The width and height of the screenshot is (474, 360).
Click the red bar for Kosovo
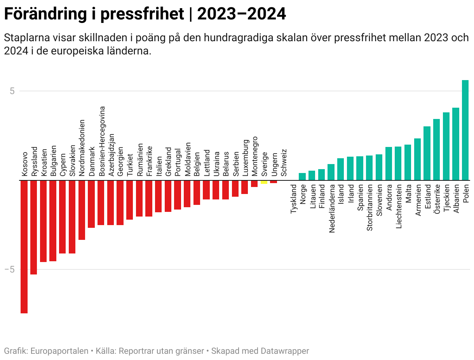[x=24, y=246]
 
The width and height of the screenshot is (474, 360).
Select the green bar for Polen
[x=465, y=130]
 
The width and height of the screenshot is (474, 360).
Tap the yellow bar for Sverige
[x=264, y=182]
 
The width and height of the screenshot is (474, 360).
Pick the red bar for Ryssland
[x=34, y=227]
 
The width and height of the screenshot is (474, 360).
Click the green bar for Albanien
[x=455, y=144]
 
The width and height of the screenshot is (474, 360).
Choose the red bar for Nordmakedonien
[x=82, y=210]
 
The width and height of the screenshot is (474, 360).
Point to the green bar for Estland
[x=427, y=153]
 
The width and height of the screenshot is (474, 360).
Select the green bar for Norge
[x=302, y=177]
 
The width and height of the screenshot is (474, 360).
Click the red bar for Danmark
[x=91, y=204]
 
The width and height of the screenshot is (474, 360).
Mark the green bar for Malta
[x=408, y=163]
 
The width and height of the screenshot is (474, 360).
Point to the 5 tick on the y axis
[x=12, y=91]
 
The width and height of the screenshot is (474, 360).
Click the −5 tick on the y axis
[x=10, y=269]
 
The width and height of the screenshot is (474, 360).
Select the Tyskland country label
[x=294, y=199]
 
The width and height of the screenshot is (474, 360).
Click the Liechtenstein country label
[x=398, y=206]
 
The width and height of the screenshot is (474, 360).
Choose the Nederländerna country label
[x=331, y=208]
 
